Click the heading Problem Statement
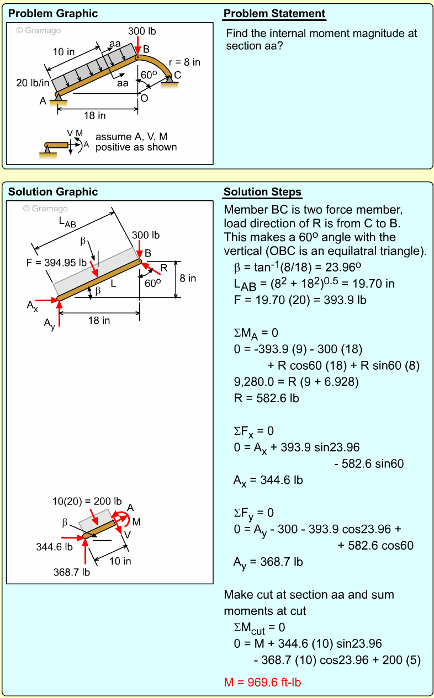(274, 14)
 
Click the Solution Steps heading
(262, 192)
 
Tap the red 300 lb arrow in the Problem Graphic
(137, 46)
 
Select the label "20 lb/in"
(33, 83)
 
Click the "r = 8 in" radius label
(184, 62)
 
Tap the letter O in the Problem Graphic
(144, 99)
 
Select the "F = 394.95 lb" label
(56, 262)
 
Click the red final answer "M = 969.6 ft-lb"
(262, 683)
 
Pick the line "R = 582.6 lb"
(266, 398)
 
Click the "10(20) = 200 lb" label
(87, 502)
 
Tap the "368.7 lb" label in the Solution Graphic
(71, 572)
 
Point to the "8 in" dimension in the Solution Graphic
(188, 278)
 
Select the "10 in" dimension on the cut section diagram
(120, 561)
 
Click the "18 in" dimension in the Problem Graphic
(94, 115)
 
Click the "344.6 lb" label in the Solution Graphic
(54, 547)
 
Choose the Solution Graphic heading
(53, 192)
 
